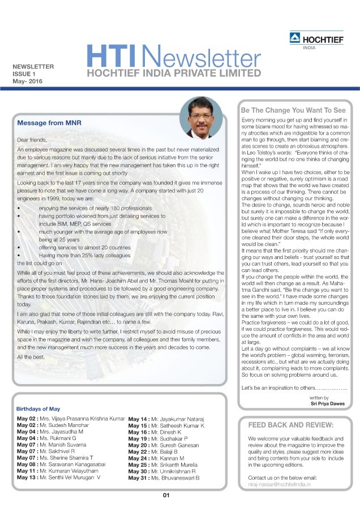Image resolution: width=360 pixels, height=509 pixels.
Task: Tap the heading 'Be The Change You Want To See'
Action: click(x=293, y=110)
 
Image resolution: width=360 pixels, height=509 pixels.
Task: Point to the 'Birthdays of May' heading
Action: click(x=39, y=408)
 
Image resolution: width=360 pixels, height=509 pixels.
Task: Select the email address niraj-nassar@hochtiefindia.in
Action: click(x=282, y=485)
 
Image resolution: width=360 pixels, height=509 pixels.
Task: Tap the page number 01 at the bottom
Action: click(x=166, y=495)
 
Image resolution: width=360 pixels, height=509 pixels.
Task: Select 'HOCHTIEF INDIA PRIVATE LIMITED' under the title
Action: click(x=168, y=73)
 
